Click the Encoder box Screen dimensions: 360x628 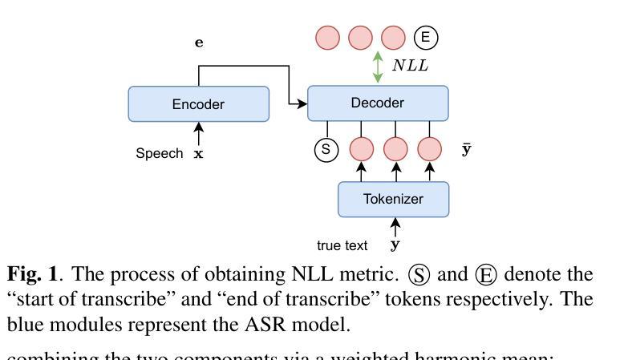click(198, 104)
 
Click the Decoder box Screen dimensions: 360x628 click(377, 103)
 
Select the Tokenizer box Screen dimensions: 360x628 click(393, 199)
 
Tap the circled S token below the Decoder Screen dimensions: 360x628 click(326, 149)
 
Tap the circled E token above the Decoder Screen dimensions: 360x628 click(426, 37)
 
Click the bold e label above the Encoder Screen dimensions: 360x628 click(199, 43)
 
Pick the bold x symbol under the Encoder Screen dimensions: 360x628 click(198, 154)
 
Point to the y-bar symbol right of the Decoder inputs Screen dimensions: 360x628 click(466, 149)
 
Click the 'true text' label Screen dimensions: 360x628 click(342, 245)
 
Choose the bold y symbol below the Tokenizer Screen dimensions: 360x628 click(394, 245)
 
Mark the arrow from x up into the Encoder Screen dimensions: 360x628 click(198, 133)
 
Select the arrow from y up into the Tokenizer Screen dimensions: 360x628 click(394, 226)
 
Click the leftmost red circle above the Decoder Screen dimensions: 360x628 click(327, 37)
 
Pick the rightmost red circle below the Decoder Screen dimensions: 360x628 click(430, 149)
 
